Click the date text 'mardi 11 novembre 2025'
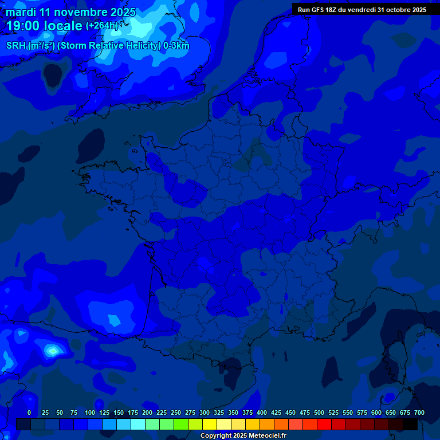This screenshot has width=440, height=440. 70,12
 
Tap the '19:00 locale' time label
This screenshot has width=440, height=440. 45,26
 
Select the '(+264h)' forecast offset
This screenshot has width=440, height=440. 102,26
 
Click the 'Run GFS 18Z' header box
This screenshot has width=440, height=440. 362,10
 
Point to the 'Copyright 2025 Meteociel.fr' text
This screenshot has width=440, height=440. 243,436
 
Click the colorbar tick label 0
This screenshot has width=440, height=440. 29,412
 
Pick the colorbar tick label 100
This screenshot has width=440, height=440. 90,412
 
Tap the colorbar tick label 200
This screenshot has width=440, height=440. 147,412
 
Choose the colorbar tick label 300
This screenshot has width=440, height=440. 205,412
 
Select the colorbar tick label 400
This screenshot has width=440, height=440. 262,412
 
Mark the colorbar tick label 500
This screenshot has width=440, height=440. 319,412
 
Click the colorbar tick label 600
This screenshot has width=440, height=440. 376,412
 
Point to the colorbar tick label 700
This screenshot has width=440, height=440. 419,412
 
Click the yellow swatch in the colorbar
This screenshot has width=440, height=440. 210,425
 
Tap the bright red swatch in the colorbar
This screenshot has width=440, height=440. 324,425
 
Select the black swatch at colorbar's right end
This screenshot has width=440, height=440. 410,425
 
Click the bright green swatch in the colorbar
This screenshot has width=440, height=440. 181,425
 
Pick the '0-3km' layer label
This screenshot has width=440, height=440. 176,46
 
